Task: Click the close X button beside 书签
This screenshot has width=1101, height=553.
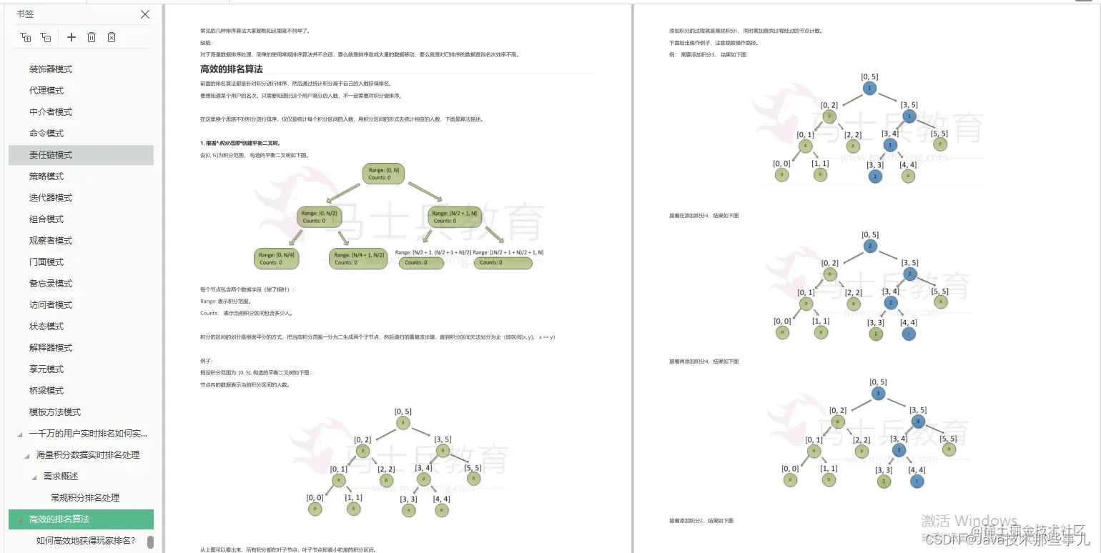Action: [x=145, y=14]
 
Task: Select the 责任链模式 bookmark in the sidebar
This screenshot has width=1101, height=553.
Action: [x=51, y=155]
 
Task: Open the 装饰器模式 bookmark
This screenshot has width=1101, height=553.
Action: [x=51, y=69]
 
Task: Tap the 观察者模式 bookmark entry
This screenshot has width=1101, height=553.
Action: [x=51, y=241]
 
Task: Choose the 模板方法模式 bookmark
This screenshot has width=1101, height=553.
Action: [x=55, y=412]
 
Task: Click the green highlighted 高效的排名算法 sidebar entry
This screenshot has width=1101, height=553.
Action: [x=59, y=519]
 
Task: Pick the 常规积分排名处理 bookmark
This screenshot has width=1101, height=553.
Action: [x=85, y=498]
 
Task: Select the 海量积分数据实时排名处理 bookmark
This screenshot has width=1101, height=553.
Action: [x=88, y=455]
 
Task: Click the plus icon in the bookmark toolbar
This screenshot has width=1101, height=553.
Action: [x=71, y=37]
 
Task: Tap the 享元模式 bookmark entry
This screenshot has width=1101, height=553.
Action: [x=46, y=369]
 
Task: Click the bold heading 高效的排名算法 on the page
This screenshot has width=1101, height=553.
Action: [x=232, y=69]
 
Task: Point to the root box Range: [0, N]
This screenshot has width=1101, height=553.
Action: [x=384, y=174]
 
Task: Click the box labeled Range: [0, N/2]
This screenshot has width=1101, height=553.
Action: [x=320, y=216]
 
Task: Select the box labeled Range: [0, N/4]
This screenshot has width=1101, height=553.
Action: [x=276, y=259]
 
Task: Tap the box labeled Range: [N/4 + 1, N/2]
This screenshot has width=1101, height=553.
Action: [x=358, y=259]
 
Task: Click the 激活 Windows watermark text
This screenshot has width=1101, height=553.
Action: [x=969, y=521]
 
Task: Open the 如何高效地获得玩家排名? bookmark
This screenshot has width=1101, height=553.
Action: [x=86, y=541]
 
